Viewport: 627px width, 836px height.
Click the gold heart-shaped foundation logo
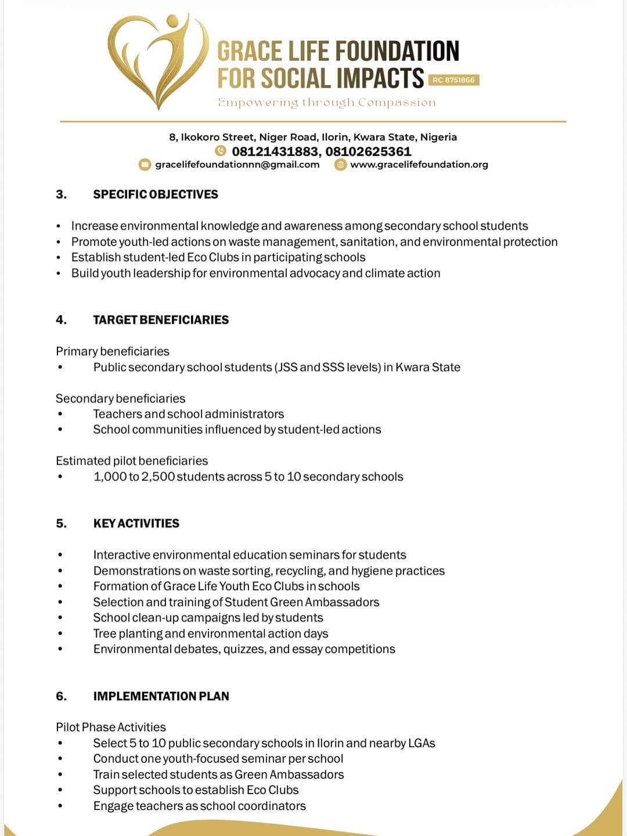pyautogui.click(x=158, y=61)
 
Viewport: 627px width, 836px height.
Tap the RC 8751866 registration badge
pyautogui.click(x=453, y=80)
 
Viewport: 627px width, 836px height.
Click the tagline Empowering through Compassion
pyautogui.click(x=326, y=103)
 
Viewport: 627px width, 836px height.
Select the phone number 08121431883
pyautogui.click(x=275, y=152)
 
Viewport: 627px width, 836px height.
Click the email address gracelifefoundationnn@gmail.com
pyautogui.click(x=237, y=164)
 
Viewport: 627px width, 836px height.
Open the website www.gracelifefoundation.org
pyautogui.click(x=419, y=164)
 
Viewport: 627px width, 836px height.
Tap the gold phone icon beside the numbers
pyautogui.click(x=221, y=151)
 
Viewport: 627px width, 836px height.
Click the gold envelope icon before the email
pyautogui.click(x=145, y=164)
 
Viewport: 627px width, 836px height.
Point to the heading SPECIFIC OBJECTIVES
pyautogui.click(x=156, y=194)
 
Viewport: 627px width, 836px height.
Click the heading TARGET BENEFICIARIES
pyautogui.click(x=161, y=320)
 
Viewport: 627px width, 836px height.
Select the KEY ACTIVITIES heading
pyautogui.click(x=136, y=523)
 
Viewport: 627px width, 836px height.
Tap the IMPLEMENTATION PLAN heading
pyautogui.click(x=161, y=696)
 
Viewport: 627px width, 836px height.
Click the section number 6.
pyautogui.click(x=61, y=696)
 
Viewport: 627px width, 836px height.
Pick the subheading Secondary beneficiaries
pyautogui.click(x=120, y=399)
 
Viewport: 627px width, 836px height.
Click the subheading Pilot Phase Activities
pyautogui.click(x=111, y=727)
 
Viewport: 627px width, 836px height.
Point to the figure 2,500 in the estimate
pyautogui.click(x=157, y=477)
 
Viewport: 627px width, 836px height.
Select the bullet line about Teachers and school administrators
pyautogui.click(x=189, y=414)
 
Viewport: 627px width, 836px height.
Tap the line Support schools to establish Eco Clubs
pyautogui.click(x=196, y=790)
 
